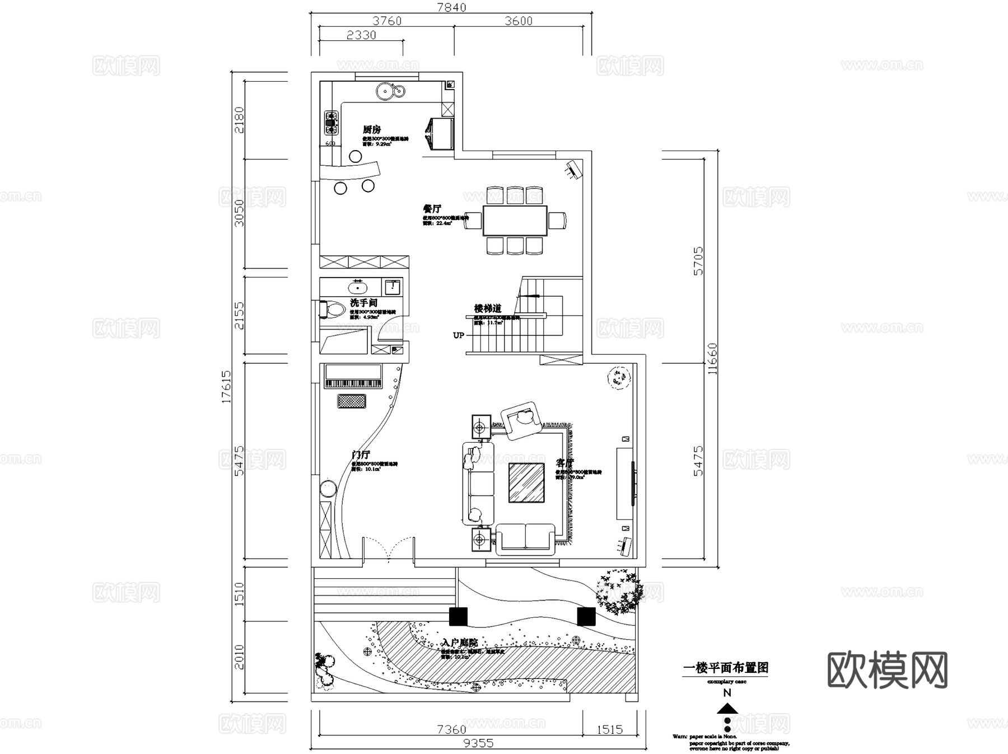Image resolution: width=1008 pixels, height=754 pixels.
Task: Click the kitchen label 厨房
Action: click(372, 130)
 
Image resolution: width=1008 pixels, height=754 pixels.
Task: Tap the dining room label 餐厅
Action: click(432, 209)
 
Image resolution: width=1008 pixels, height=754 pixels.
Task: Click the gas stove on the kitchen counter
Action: click(331, 123)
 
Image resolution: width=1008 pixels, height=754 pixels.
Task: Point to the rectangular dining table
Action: click(515, 221)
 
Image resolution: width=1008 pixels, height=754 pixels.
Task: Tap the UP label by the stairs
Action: click(458, 335)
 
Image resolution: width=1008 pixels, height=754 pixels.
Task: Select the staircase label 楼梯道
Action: click(487, 308)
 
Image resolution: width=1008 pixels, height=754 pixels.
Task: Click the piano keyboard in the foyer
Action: click(353, 383)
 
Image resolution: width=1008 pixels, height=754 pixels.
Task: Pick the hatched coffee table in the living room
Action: click(526, 482)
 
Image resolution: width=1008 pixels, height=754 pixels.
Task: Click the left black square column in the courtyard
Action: click(458, 616)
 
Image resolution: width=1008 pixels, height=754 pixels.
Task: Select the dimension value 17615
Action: click(226, 386)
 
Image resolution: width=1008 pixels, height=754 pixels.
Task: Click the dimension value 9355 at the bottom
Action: click(478, 743)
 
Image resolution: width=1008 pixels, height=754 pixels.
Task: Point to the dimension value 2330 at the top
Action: click(361, 35)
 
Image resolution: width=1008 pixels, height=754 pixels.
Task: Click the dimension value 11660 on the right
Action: click(712, 359)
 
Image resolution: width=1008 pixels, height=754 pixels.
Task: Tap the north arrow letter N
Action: click(727, 693)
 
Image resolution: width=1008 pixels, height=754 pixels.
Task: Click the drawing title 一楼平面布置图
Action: click(725, 668)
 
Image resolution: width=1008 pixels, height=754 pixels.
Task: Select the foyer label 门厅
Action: click(360, 455)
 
